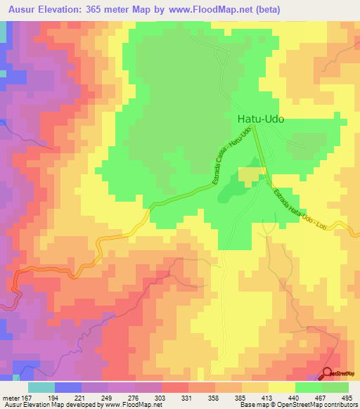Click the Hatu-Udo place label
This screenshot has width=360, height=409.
click(x=260, y=119)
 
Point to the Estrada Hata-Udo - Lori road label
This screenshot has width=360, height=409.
click(x=300, y=209)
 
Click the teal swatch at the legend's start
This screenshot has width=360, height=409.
click(x=41, y=387)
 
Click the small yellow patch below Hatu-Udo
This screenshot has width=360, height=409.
click(x=249, y=175)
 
